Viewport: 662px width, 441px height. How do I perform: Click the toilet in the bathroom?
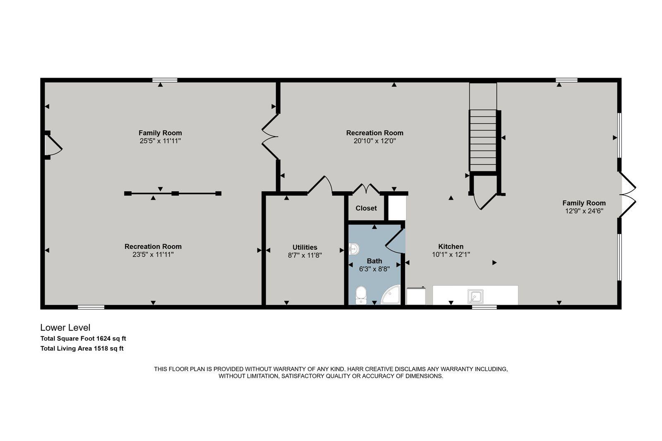coord(361,295)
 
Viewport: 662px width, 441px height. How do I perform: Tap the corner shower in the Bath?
coord(391,295)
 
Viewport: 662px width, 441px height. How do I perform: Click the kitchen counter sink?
coord(475,296)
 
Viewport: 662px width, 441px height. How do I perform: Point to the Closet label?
coord(366,208)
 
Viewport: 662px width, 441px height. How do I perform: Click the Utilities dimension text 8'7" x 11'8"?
coord(305,255)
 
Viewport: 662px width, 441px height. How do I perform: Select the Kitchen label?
coord(451,246)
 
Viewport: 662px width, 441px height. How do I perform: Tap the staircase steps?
coord(483,141)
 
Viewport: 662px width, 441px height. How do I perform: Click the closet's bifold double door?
coord(366,189)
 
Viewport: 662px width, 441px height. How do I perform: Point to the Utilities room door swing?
coord(321,185)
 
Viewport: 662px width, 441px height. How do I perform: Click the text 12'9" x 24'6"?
coord(584,211)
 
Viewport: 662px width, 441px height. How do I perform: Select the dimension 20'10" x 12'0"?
coord(374,141)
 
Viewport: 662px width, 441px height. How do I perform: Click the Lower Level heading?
coord(65,328)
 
